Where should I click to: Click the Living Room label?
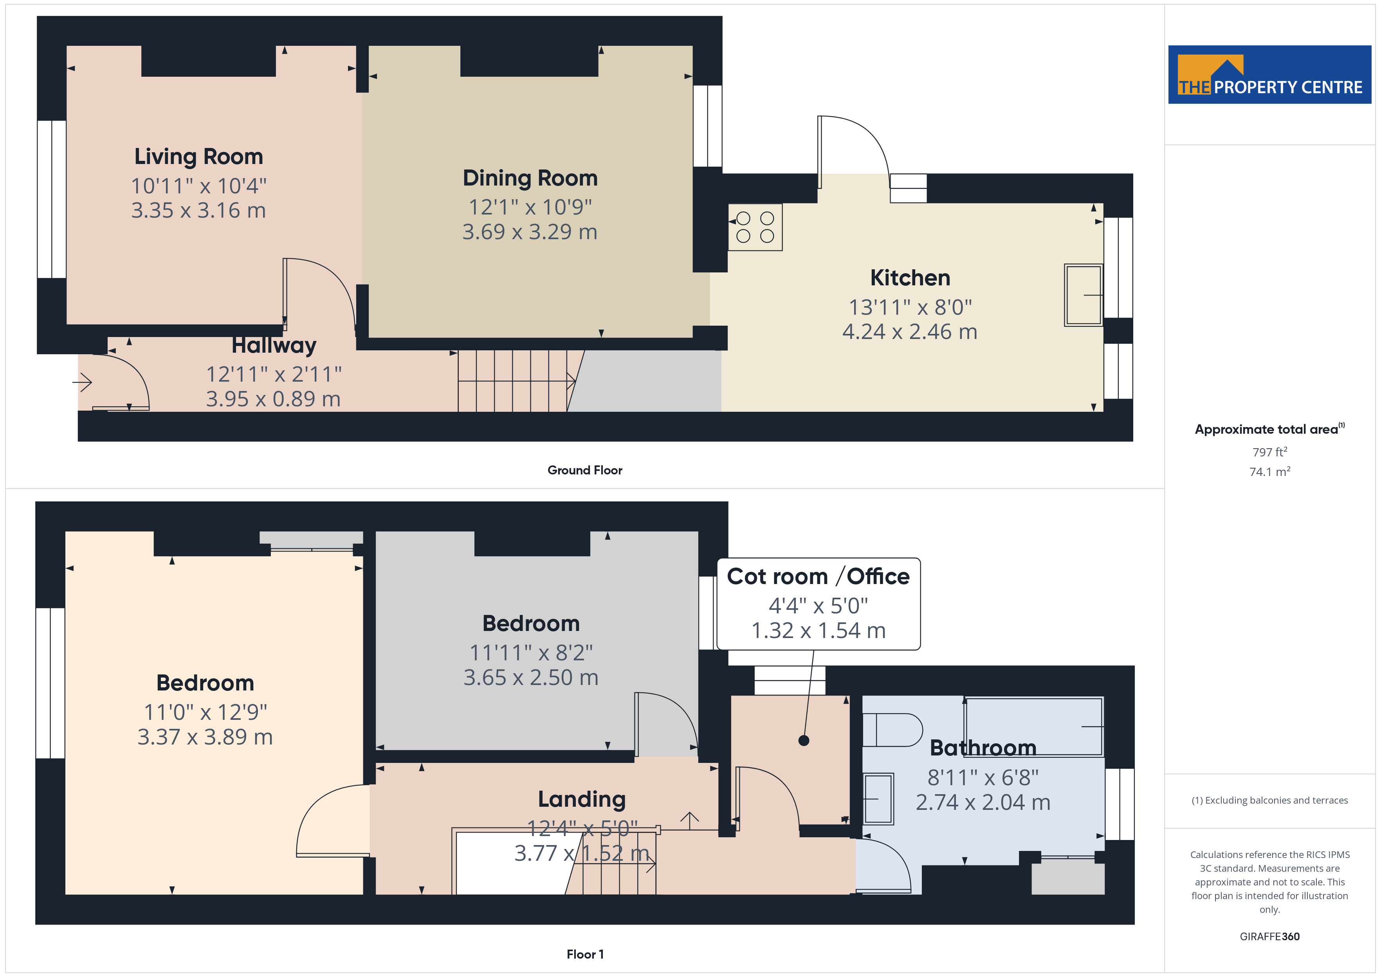(198, 157)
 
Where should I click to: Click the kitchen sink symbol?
(1083, 295)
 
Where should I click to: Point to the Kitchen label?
(910, 278)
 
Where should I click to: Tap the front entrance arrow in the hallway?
(83, 382)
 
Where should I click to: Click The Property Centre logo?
(1270, 75)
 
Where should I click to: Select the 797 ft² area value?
(1270, 452)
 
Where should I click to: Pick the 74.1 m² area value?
(1270, 472)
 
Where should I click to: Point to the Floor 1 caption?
(585, 954)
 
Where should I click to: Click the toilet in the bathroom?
(892, 730)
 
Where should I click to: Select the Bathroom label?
(983, 748)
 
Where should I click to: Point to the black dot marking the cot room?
(804, 741)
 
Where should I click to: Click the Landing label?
(582, 800)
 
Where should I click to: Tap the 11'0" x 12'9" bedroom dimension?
(205, 712)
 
